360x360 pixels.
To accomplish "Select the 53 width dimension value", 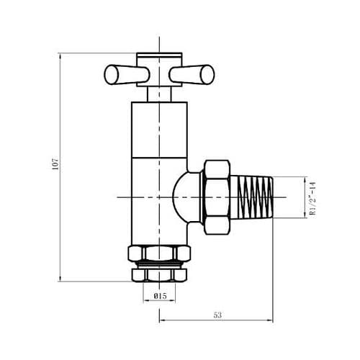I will pyautogui.click(x=218, y=314).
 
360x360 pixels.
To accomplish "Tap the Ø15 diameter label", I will pyautogui.click(x=159, y=296).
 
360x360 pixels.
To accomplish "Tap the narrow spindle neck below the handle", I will pyautogui.click(x=158, y=93).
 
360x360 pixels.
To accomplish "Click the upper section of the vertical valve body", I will pyautogui.click(x=158, y=130).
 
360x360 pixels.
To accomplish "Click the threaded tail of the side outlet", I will pyautogui.click(x=256, y=196).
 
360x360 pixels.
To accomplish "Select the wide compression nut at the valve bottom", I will pyautogui.click(x=158, y=254).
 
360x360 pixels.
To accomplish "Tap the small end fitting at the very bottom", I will pyautogui.click(x=158, y=274).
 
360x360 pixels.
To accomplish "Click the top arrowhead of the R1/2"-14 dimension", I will pyautogui.click(x=307, y=179).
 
